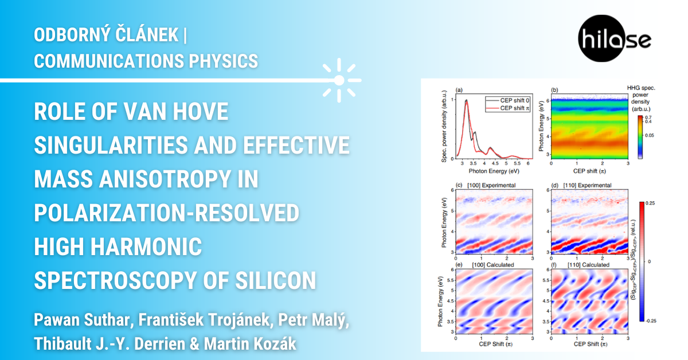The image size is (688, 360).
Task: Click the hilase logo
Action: click(x=614, y=39)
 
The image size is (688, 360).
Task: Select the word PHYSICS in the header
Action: click(x=223, y=61)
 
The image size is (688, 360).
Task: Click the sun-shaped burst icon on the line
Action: click(x=339, y=80)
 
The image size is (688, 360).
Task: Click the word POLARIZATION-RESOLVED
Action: click(x=166, y=213)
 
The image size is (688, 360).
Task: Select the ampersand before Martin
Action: click(x=195, y=344)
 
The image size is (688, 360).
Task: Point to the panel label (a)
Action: click(x=459, y=90)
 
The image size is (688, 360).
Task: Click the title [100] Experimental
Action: click(x=491, y=185)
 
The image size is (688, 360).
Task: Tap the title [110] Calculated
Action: click(x=588, y=265)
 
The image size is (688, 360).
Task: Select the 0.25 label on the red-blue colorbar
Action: click(x=650, y=203)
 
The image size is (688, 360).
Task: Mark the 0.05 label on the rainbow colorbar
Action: click(x=649, y=135)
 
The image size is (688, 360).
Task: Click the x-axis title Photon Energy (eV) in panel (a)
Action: click(x=494, y=171)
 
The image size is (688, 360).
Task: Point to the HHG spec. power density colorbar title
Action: click(x=641, y=98)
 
